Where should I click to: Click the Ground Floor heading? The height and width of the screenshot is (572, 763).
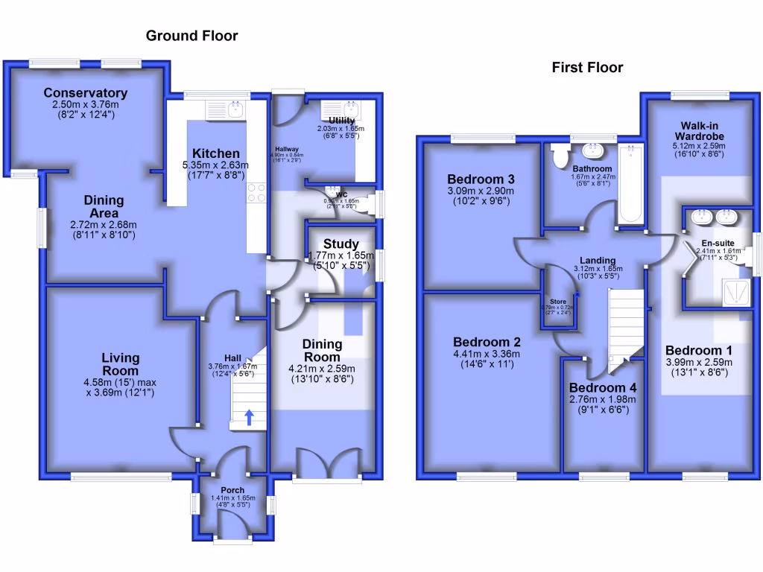tap(191, 35)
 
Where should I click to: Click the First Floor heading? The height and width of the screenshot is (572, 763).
tap(587, 68)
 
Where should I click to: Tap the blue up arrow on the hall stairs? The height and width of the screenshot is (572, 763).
tap(249, 417)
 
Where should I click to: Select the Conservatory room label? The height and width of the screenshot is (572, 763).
tap(85, 93)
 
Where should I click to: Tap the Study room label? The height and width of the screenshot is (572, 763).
tap(342, 244)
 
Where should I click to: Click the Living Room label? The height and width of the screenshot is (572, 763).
tap(121, 364)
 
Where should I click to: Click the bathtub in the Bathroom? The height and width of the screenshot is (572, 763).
tap(631, 185)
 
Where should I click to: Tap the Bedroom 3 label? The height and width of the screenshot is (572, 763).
tap(481, 179)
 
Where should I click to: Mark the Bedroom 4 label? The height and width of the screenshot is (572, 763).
tap(603, 388)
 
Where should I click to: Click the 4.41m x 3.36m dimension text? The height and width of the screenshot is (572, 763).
tap(487, 355)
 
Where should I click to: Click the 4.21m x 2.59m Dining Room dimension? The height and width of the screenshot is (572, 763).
tap(323, 368)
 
